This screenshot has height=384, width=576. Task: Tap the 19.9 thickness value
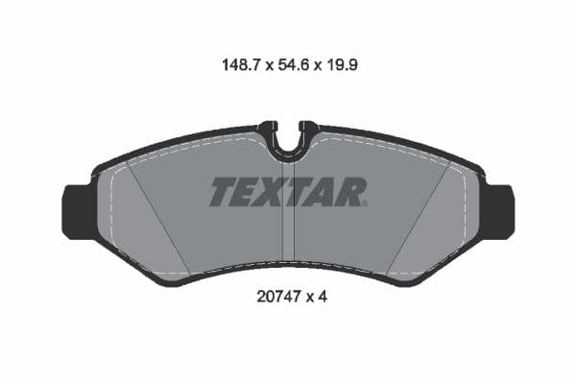coord(343,66)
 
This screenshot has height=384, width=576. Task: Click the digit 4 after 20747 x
coord(324,299)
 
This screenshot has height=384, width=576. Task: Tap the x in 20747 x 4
coord(309,300)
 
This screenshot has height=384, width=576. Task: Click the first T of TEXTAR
coord(223,192)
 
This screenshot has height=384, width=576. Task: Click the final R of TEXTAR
coord(351,192)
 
